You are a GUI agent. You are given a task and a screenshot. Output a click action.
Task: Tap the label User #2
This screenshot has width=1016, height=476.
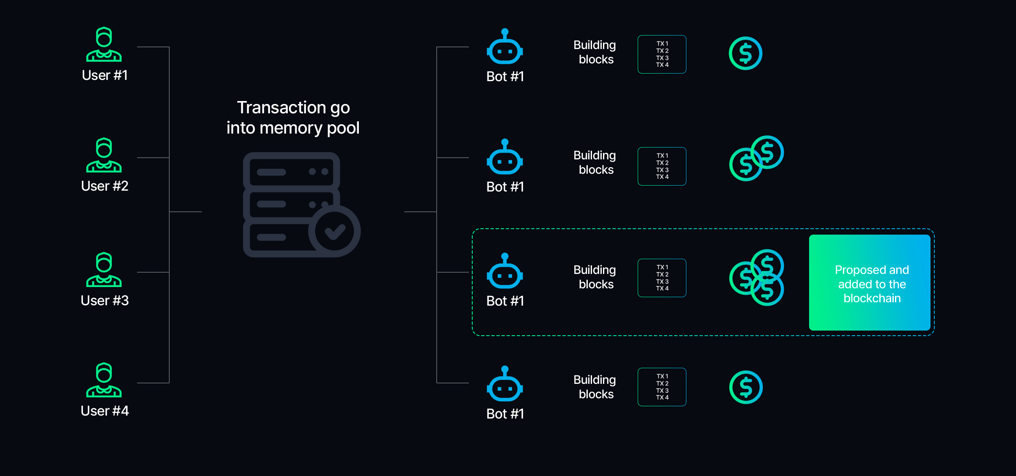tap(105, 186)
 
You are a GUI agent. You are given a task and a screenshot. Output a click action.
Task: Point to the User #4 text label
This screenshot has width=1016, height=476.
tap(105, 411)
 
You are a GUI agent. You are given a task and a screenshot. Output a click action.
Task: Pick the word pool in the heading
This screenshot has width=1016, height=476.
tap(343, 128)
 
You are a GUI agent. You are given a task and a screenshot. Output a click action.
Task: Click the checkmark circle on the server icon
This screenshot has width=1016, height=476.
tap(335, 231)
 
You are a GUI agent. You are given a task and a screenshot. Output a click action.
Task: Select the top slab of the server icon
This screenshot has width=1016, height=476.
tap(292, 171)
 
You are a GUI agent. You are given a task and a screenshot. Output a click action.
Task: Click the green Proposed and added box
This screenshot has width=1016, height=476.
tap(870, 282)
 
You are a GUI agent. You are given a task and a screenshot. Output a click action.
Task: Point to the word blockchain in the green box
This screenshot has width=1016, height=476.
tap(872, 298)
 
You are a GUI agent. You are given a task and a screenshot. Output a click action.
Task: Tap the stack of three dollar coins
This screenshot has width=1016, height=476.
tap(757, 278)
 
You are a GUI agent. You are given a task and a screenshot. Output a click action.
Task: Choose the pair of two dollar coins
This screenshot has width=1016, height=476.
tap(757, 158)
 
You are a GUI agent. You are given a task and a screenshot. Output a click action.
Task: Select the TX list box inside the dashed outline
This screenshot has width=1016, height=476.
tap(662, 278)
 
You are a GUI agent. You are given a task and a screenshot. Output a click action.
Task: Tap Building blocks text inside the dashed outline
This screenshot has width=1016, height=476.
tap(595, 277)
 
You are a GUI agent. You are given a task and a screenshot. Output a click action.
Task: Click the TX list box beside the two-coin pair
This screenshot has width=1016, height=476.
tap(662, 166)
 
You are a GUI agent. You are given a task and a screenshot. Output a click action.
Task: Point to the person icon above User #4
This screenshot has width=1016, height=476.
tap(104, 380)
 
